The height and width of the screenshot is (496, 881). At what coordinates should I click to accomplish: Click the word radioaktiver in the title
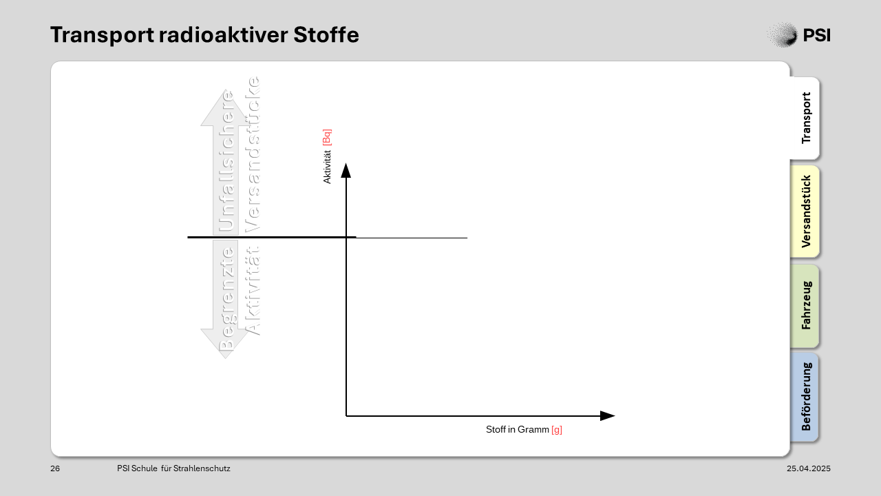tap(224, 34)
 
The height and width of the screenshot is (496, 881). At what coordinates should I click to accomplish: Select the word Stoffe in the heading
tap(326, 34)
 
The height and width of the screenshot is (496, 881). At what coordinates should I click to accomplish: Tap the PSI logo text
tap(816, 35)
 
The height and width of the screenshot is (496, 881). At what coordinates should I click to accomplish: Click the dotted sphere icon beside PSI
tap(783, 34)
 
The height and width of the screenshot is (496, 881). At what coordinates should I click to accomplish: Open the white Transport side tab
tap(805, 118)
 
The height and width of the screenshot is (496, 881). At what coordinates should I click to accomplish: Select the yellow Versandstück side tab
tap(805, 211)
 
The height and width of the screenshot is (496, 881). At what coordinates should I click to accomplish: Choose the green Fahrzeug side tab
tap(805, 306)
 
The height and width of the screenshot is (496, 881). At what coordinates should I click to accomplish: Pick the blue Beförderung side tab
tap(805, 397)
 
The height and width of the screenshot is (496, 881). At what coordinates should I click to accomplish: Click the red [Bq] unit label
tap(327, 137)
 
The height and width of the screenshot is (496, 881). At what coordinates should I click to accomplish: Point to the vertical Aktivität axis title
tap(327, 167)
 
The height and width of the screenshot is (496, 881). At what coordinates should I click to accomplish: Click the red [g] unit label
tap(557, 429)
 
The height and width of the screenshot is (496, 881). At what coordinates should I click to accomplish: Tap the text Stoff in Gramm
tap(517, 429)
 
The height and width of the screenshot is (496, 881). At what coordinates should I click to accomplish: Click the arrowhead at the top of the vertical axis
tap(346, 170)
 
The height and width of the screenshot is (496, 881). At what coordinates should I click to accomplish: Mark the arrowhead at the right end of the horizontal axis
tap(607, 415)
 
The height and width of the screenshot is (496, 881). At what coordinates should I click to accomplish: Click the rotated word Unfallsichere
tap(226, 161)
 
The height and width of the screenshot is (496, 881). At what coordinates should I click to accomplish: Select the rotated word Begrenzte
tap(226, 299)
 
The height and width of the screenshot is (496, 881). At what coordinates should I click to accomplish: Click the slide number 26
tap(55, 468)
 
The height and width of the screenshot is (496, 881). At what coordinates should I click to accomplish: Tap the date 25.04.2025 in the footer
tap(809, 468)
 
